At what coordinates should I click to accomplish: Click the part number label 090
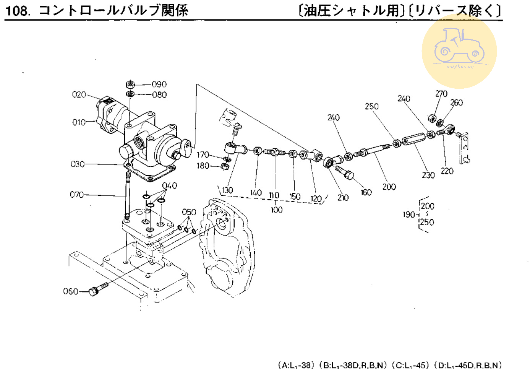point(159,84)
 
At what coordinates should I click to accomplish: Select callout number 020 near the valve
point(79,94)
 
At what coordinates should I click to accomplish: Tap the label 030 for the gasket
point(78,164)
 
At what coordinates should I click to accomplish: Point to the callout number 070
point(76,195)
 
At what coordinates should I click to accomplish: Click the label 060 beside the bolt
point(70,291)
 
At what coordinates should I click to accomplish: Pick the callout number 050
point(189,212)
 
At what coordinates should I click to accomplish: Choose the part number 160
point(366,192)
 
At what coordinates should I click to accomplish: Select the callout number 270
point(441,94)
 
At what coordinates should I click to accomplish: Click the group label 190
point(408,215)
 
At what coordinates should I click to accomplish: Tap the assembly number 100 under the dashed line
point(276,210)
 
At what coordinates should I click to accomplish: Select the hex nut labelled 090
point(130,84)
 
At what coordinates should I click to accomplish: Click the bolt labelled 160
point(345,172)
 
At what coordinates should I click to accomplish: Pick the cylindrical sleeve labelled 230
point(413,139)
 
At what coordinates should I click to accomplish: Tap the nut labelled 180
point(225,166)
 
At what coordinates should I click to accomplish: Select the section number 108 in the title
point(17,10)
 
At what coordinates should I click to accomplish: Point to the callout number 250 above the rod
point(371,106)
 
